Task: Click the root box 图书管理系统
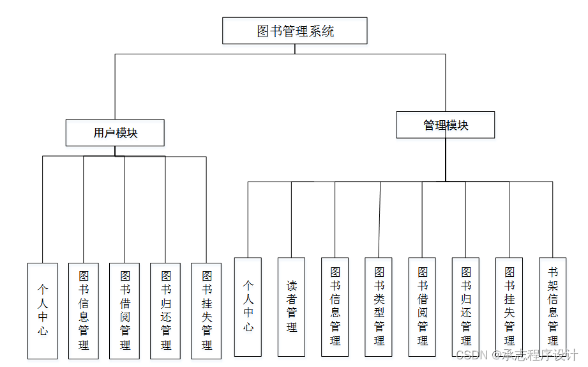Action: click(x=294, y=31)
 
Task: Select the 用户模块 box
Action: click(x=115, y=133)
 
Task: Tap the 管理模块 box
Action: click(x=445, y=125)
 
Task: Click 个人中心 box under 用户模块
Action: click(x=43, y=310)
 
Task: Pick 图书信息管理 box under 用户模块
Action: click(x=84, y=310)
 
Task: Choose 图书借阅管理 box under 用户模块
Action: click(x=124, y=310)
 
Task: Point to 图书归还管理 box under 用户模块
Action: click(x=165, y=310)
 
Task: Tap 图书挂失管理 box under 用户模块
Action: click(x=206, y=310)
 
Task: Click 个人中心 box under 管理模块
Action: click(x=248, y=306)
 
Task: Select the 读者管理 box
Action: click(x=291, y=306)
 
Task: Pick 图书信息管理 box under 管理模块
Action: click(x=335, y=306)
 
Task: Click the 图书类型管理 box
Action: click(x=379, y=306)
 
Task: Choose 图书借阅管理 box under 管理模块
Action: click(x=422, y=306)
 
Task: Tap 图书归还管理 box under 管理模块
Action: click(x=465, y=306)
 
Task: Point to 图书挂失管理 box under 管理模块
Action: click(x=509, y=306)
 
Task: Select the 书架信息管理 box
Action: click(x=552, y=306)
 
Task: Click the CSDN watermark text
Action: click(x=517, y=354)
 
